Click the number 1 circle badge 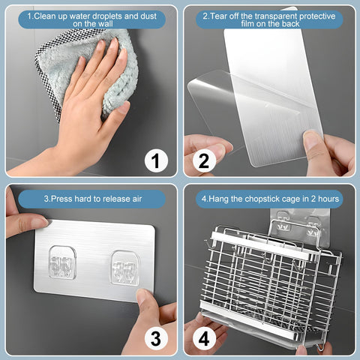point(156,160)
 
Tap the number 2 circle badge point(204,160)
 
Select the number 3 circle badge point(156,339)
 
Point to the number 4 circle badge point(204,339)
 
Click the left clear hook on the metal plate point(62,262)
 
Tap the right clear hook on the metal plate point(124,268)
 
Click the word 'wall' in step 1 point(106,24)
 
